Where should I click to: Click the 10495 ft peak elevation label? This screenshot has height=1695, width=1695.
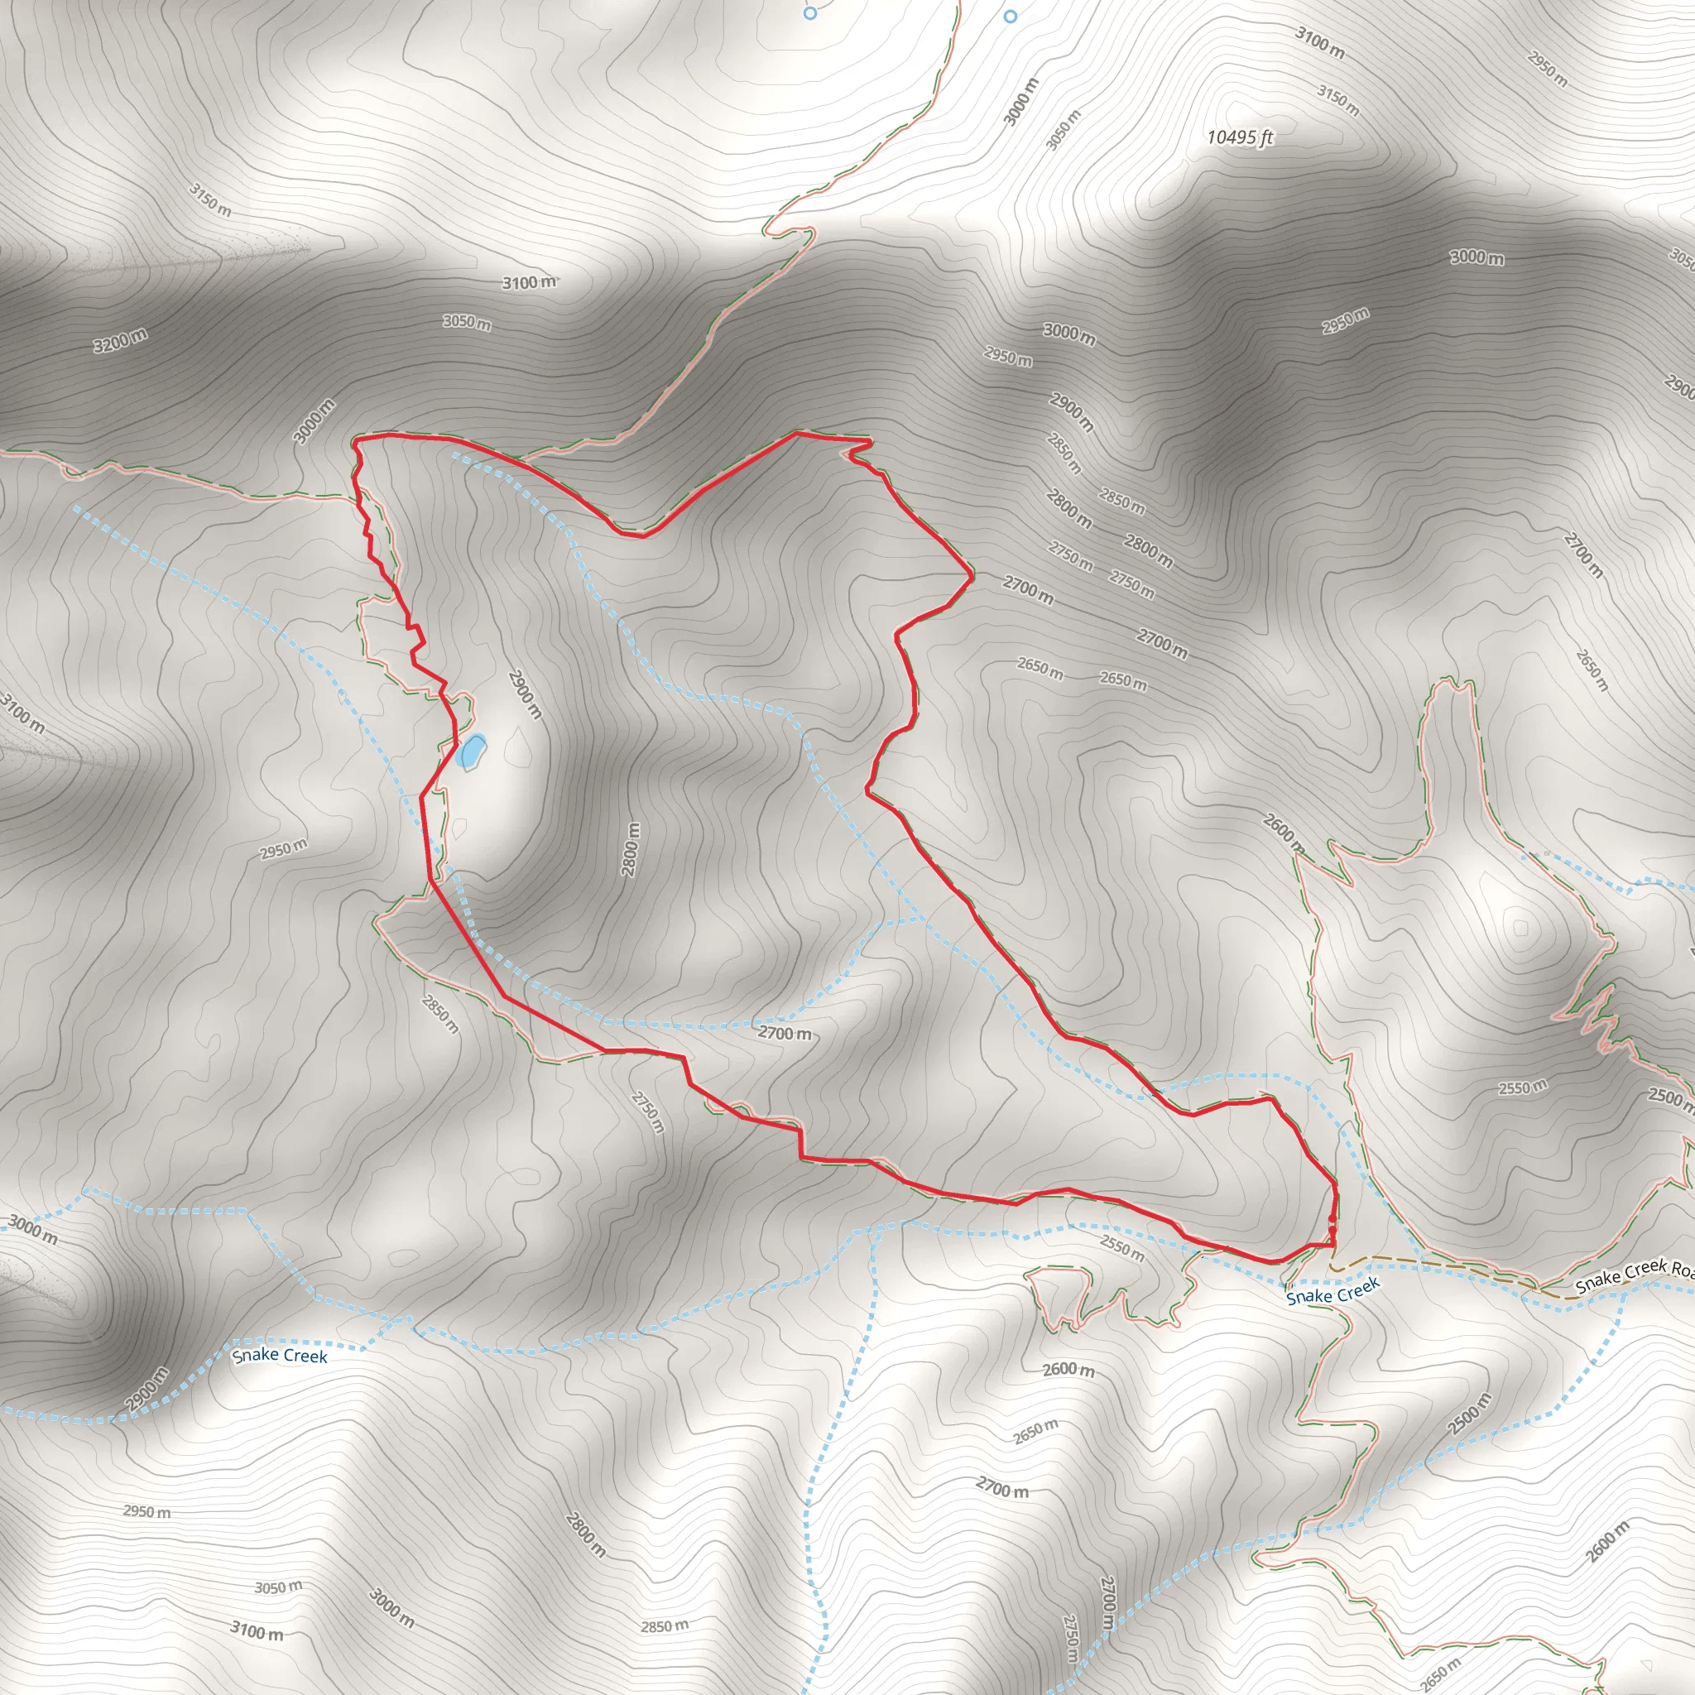click(1239, 137)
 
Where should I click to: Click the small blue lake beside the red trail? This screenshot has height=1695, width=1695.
click(471, 751)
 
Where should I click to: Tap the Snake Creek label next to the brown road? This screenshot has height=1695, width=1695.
click(1333, 1291)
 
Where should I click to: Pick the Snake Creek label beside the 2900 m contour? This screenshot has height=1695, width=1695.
click(279, 1356)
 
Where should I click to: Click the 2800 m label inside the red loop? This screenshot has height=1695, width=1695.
click(631, 849)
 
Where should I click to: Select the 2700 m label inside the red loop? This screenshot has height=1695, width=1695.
click(785, 1034)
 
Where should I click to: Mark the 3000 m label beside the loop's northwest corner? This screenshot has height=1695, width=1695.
click(314, 421)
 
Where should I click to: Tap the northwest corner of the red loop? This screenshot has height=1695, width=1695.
click(355, 441)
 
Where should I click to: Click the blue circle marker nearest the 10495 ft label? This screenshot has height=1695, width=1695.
click(1010, 17)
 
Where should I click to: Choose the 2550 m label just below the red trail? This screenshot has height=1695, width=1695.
click(1122, 1247)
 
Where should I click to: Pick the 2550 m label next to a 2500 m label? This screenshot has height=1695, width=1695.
click(1522, 1088)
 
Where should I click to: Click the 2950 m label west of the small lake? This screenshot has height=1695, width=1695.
click(283, 849)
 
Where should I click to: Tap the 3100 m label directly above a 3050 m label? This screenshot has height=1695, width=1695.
click(529, 282)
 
